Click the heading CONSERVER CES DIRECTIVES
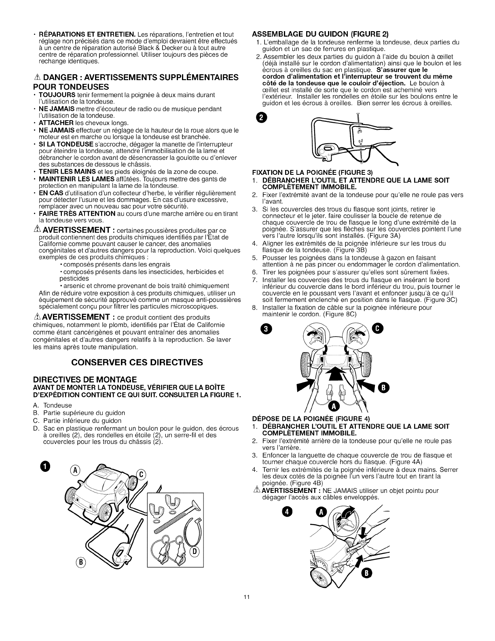click(x=137, y=362)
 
